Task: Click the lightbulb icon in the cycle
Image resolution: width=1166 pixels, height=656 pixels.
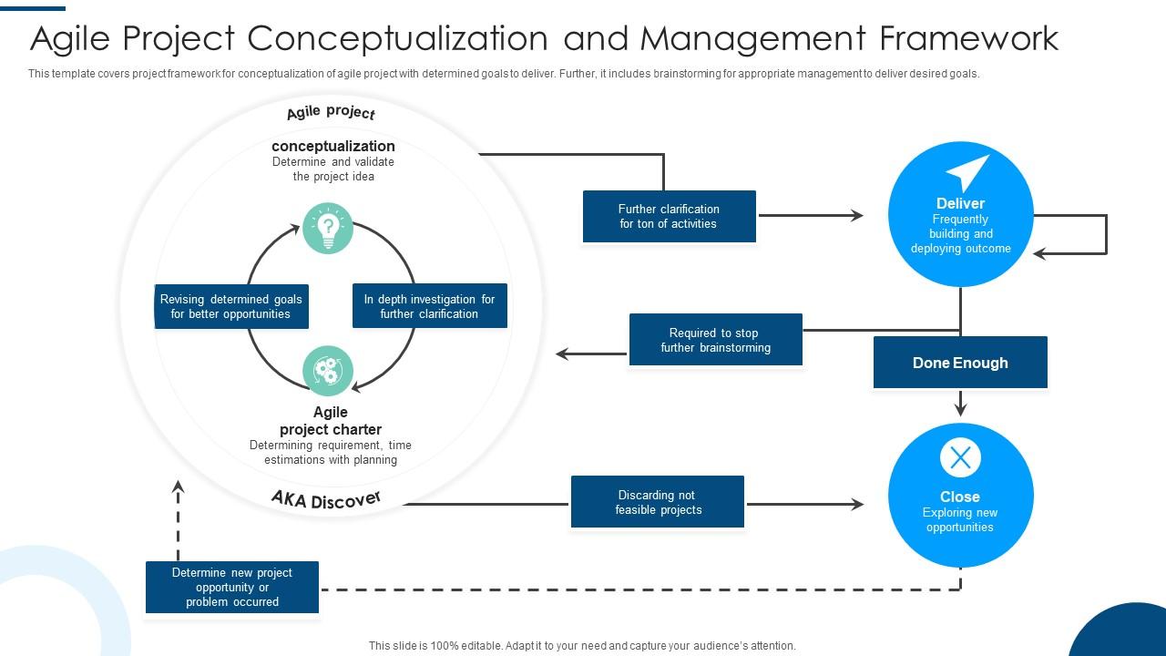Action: (x=327, y=229)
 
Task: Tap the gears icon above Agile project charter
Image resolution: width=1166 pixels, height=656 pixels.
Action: (x=327, y=371)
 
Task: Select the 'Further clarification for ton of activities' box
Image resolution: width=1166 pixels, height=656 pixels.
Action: (x=669, y=217)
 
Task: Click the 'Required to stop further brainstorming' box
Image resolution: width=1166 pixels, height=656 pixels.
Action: (x=715, y=340)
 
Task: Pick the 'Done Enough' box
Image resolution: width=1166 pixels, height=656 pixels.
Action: (x=960, y=363)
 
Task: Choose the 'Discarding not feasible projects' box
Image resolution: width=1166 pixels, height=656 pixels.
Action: (x=658, y=502)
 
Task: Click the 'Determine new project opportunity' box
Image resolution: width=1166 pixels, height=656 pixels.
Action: (x=232, y=587)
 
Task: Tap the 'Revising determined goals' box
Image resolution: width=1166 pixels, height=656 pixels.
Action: (x=231, y=306)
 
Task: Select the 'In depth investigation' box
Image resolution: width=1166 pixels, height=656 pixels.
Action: (x=429, y=306)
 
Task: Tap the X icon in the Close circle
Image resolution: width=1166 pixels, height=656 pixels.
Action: (x=960, y=458)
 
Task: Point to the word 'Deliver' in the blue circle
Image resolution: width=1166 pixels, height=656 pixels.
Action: (x=960, y=203)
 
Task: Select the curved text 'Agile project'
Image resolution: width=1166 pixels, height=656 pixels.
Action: (x=331, y=113)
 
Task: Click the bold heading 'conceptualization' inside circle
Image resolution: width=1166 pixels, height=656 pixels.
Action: (x=333, y=146)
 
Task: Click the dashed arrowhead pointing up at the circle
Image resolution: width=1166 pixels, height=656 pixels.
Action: (x=179, y=488)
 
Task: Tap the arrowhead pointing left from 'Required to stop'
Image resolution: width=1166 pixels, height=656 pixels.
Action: (x=564, y=354)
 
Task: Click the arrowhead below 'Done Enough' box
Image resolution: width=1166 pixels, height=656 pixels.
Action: (x=960, y=409)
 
